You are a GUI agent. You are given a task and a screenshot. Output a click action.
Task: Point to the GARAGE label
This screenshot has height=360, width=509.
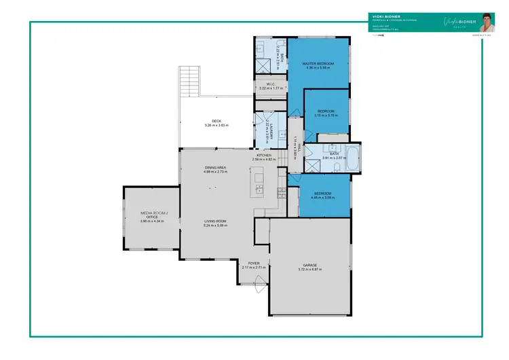tap(309, 265)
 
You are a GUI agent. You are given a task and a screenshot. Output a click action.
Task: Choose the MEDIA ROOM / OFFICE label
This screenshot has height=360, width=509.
tap(149, 215)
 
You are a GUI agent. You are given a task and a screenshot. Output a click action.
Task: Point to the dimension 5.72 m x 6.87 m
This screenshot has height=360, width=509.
tap(309, 270)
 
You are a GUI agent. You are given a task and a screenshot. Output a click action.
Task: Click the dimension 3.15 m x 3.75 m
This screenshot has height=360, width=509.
tap(326, 115)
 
